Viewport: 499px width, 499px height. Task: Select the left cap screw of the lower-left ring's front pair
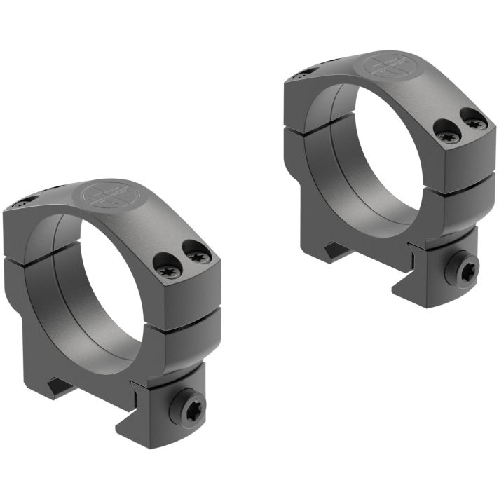(x=165, y=263)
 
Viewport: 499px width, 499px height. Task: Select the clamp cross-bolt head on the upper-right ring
(x=466, y=269)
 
